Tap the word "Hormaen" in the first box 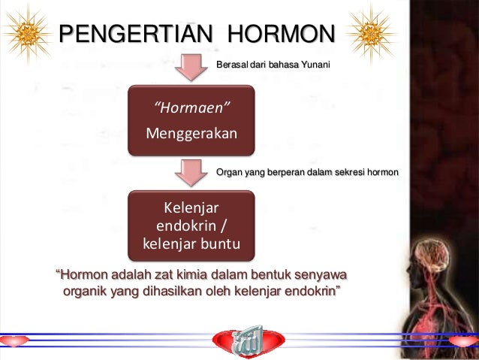[x=192, y=111]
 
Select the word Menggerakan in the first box [x=191, y=134]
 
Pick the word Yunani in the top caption [x=315, y=65]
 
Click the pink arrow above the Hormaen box [x=191, y=68]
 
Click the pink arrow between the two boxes [x=191, y=171]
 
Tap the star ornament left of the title [x=29, y=32]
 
